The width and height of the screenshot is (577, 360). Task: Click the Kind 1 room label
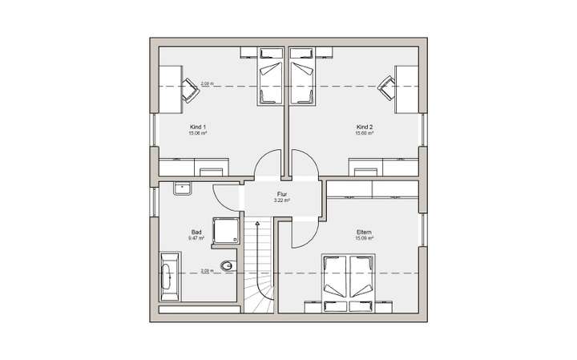tap(198, 127)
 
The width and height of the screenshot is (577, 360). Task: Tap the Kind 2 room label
tap(365, 127)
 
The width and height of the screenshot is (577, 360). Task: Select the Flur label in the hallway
tap(282, 194)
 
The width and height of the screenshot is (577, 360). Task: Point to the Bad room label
tap(196, 232)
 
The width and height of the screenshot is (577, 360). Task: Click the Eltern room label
tap(365, 232)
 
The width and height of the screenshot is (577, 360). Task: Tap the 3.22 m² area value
tap(282, 200)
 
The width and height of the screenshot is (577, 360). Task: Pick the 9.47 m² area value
tap(196, 238)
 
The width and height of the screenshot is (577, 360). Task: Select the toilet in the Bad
tap(229, 266)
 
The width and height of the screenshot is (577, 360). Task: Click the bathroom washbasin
tap(181, 190)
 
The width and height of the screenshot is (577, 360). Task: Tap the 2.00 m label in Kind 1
tap(207, 83)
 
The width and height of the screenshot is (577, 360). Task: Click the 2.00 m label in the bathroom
tap(207, 271)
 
